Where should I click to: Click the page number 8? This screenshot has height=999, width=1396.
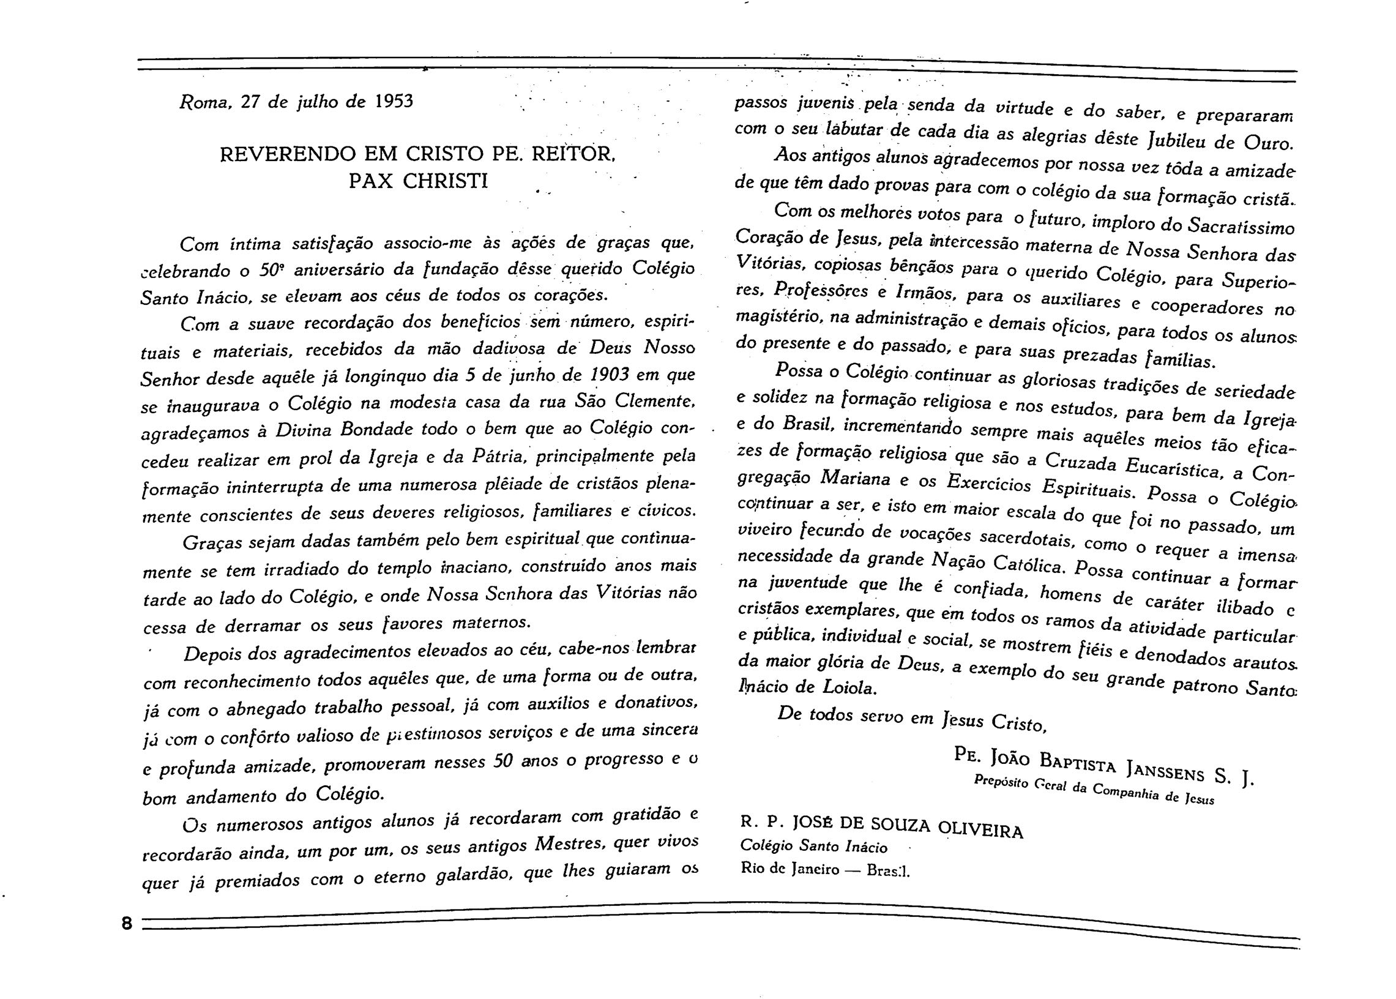[127, 923]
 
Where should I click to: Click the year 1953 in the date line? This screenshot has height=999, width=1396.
[394, 101]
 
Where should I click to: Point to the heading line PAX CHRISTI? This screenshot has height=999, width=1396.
[418, 181]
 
